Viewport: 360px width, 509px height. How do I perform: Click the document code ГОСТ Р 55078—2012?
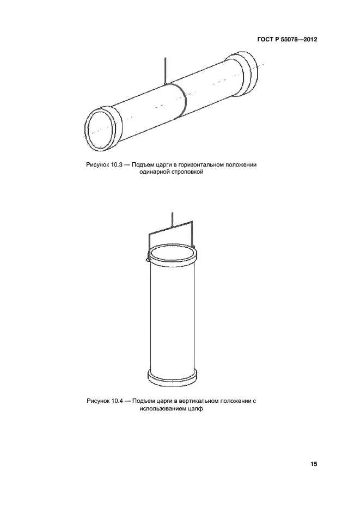tap(287, 40)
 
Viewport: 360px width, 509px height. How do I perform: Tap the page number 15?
tap(314, 464)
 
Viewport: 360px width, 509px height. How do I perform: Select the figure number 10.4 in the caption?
tap(117, 401)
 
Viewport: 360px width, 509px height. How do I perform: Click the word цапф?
tap(196, 409)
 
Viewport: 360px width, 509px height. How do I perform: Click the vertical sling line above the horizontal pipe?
tap(165, 70)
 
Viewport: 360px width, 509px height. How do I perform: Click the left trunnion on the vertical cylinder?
tap(148, 260)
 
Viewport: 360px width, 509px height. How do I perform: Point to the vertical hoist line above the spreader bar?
tap(172, 219)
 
